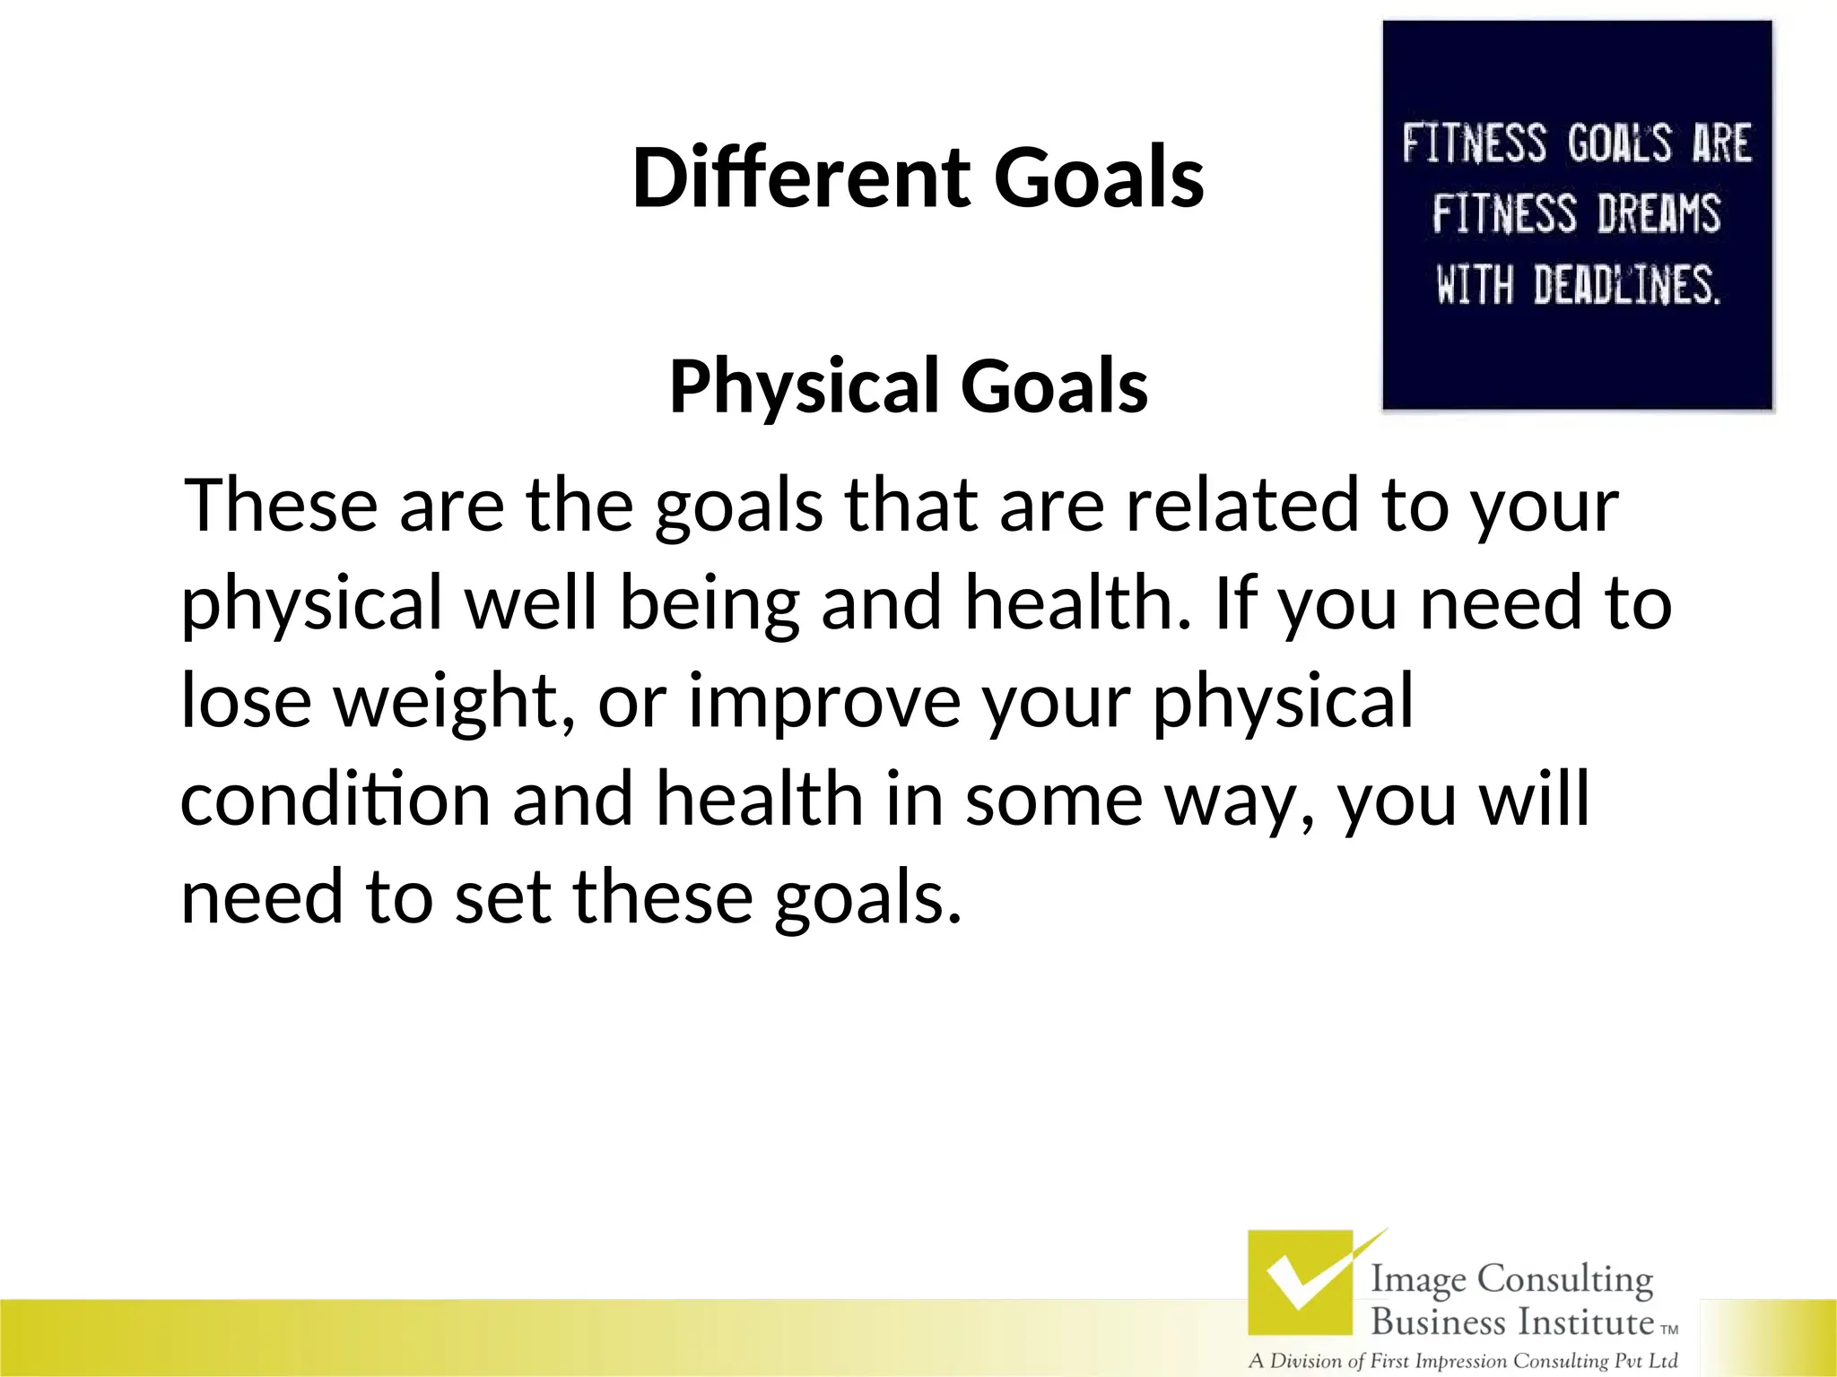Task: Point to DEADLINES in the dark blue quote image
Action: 1626,285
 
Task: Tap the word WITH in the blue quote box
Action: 1474,285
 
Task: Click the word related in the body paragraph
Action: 1242,505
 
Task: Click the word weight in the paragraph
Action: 454,700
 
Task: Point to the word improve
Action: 823,700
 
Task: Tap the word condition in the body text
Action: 335,798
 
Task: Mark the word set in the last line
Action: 502,896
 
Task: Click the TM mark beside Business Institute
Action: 1669,1330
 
